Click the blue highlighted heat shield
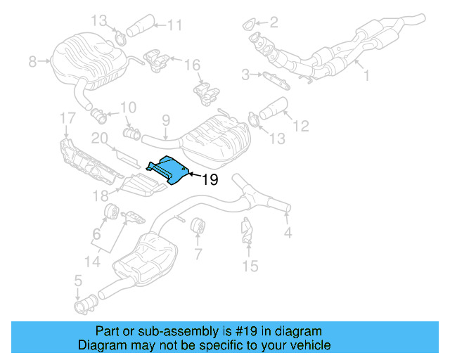click(x=169, y=171)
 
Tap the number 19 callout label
click(x=209, y=180)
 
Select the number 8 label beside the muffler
click(x=32, y=63)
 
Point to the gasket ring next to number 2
click(x=247, y=27)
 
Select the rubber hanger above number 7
click(x=198, y=226)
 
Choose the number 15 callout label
click(x=250, y=266)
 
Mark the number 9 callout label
click(x=166, y=120)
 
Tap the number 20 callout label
click(x=98, y=138)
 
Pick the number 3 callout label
click(x=245, y=73)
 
